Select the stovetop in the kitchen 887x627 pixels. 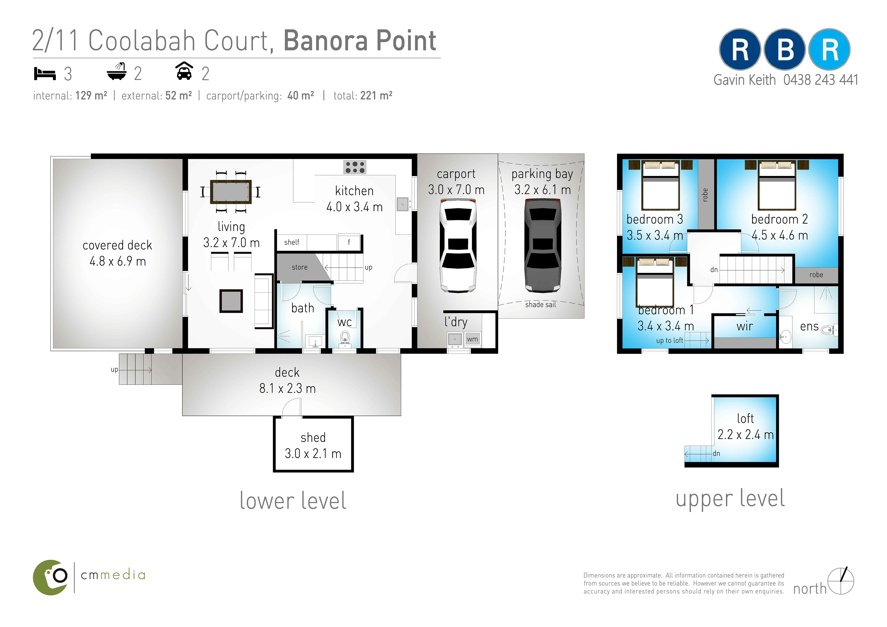355,167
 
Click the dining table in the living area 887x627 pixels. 231,192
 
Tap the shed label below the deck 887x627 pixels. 313,438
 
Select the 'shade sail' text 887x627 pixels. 540,305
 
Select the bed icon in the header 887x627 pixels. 45,73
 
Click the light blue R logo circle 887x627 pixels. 829,49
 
